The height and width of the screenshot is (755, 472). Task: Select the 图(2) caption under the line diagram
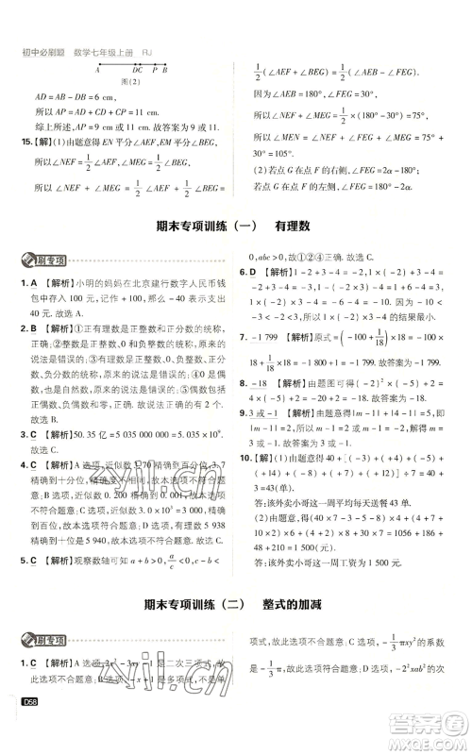tap(130, 80)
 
